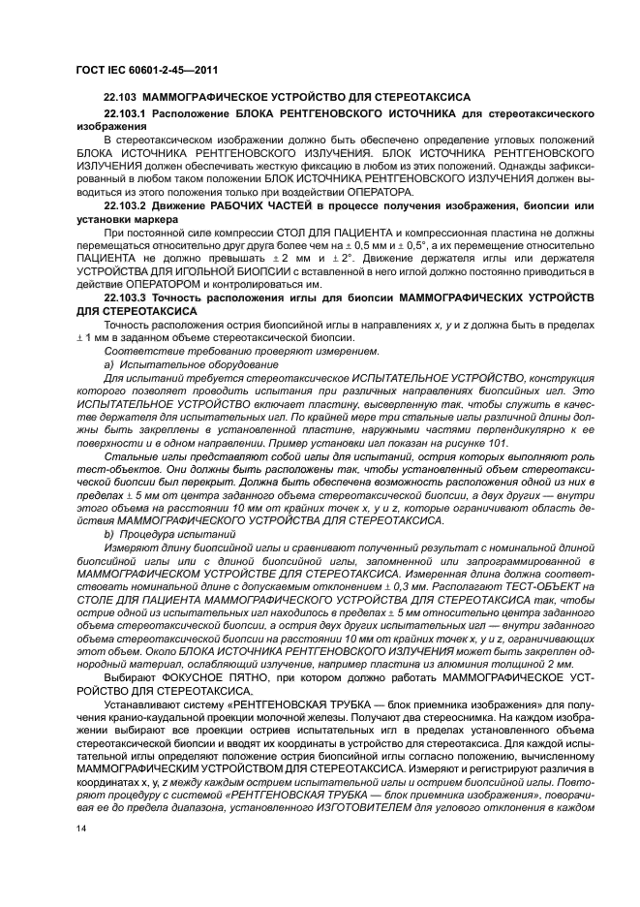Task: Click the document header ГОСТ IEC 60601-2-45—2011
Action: (146, 71)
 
